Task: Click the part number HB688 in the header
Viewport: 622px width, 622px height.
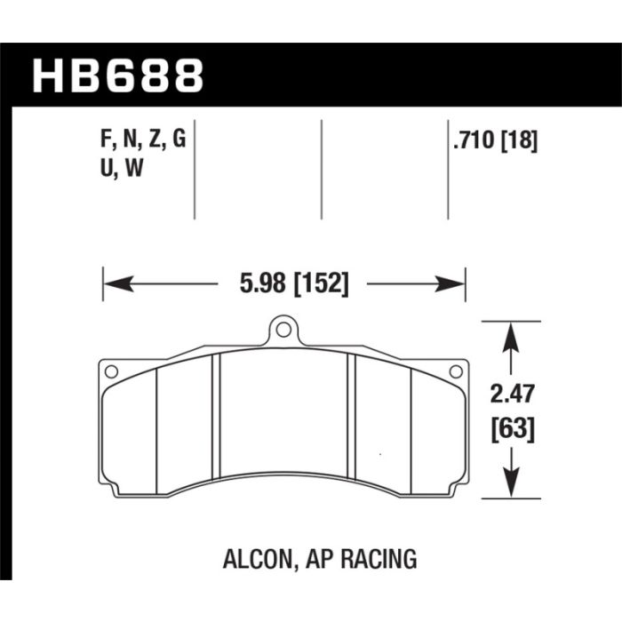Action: (118, 76)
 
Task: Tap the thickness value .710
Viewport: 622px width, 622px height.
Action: (474, 140)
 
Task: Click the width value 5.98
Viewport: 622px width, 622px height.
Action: (263, 283)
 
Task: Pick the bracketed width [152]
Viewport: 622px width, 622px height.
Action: (321, 284)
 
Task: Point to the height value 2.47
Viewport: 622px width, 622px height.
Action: (512, 394)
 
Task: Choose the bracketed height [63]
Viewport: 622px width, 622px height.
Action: (513, 429)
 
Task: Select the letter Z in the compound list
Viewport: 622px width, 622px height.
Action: (155, 139)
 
